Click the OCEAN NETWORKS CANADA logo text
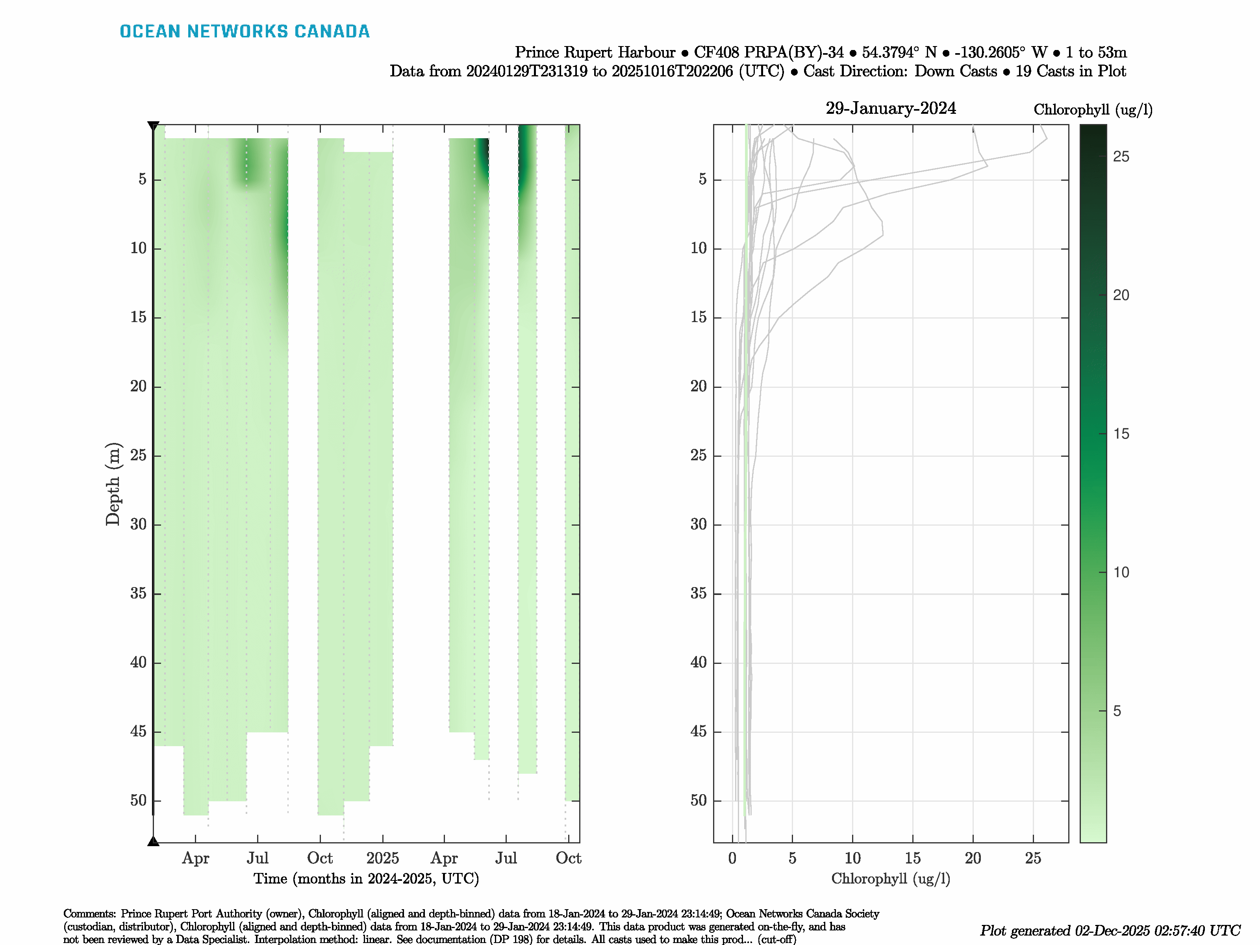[x=245, y=31]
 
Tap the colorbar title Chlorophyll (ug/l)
[x=1093, y=109]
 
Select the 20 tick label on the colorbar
[x=1121, y=295]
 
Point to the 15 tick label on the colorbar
[x=1121, y=434]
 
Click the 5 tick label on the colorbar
[x=1116, y=711]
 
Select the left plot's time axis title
[x=366, y=878]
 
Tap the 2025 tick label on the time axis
[x=382, y=858]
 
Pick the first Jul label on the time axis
[x=258, y=858]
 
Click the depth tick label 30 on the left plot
[x=139, y=524]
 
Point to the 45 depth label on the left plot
[x=139, y=732]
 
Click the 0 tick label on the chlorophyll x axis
[x=732, y=858]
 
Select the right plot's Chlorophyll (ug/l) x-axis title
[x=890, y=878]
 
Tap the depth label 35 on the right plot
[x=699, y=593]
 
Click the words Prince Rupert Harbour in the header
[x=595, y=52]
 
